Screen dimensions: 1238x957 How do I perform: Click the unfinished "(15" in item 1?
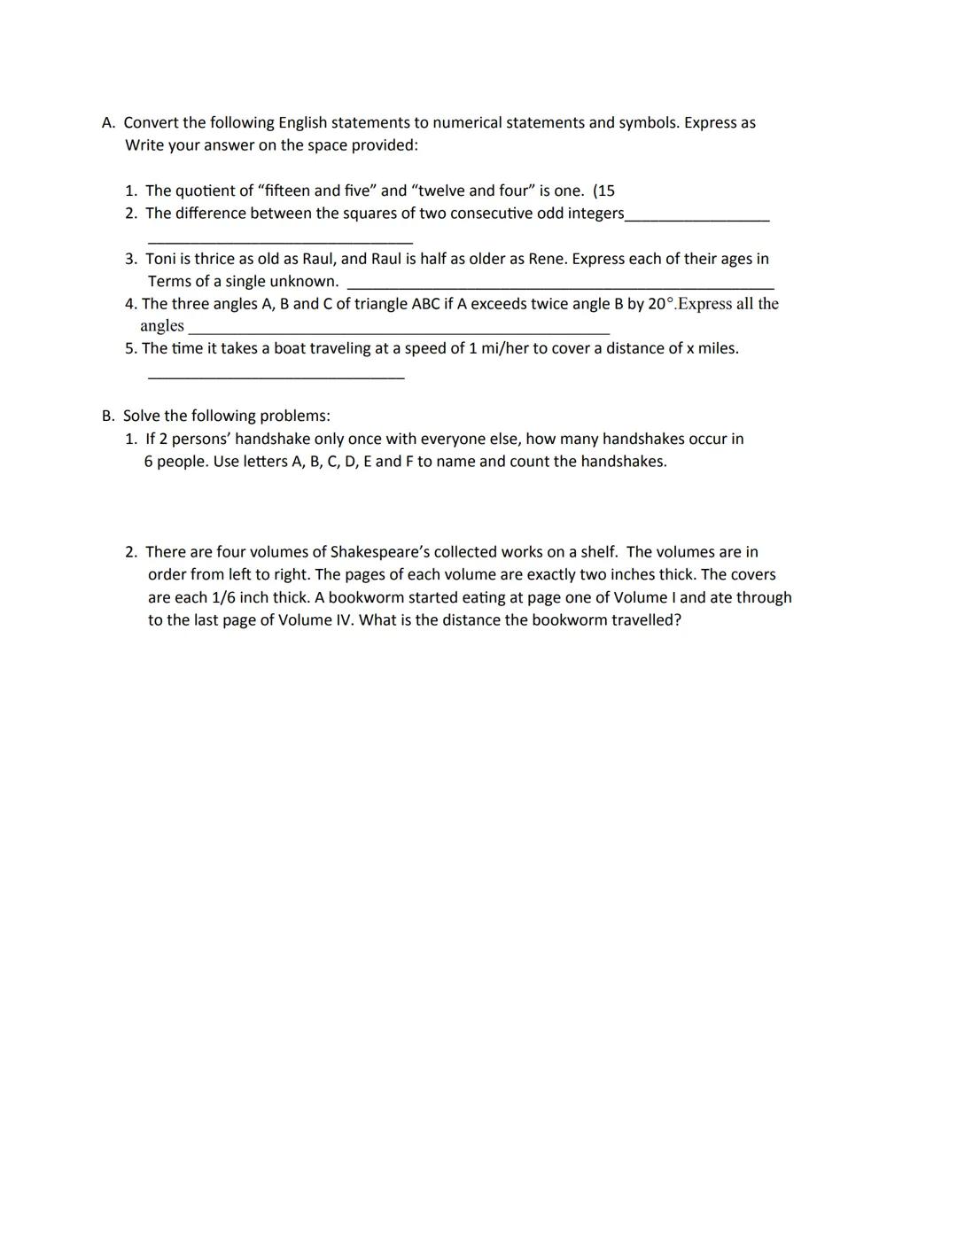pyautogui.click(x=603, y=191)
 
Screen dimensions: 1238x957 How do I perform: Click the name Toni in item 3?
pyautogui.click(x=160, y=259)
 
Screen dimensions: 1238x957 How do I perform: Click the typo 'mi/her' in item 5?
pyautogui.click(x=502, y=348)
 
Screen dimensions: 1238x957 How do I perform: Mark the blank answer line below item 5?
pyautogui.click(x=276, y=378)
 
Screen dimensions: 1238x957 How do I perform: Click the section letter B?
pyautogui.click(x=106, y=416)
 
